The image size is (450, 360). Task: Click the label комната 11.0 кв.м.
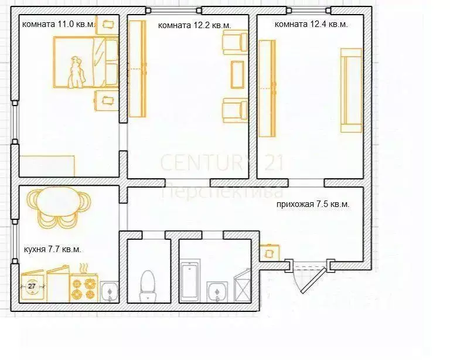59,25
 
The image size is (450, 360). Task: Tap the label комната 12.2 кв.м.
195,25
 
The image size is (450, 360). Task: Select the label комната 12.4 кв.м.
311,25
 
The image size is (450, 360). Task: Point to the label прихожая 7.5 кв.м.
313,205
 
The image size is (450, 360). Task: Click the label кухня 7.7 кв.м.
52,249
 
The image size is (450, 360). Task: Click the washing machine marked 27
32,286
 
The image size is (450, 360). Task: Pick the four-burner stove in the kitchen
84,286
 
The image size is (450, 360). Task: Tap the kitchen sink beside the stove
109,290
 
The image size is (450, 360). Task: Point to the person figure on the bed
76,72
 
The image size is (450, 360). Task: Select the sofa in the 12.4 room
352,90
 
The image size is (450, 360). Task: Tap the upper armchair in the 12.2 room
234,43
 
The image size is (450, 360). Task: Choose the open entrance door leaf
311,279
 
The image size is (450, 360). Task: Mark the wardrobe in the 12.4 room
267,88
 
